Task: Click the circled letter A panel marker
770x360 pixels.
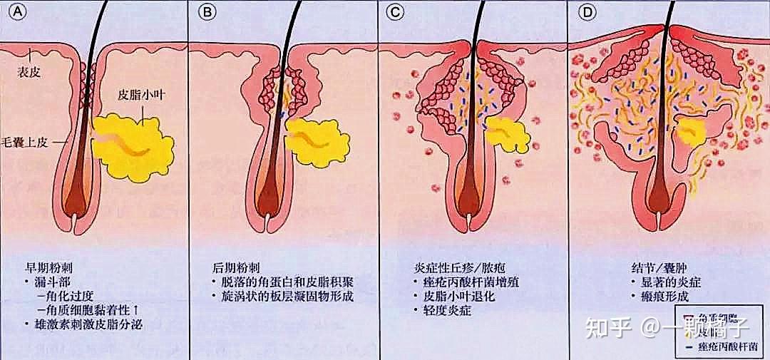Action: coord(11,12)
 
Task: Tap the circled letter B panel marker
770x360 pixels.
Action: coord(207,12)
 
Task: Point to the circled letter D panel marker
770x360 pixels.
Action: coord(587,12)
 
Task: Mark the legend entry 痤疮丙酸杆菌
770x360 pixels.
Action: coord(731,348)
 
